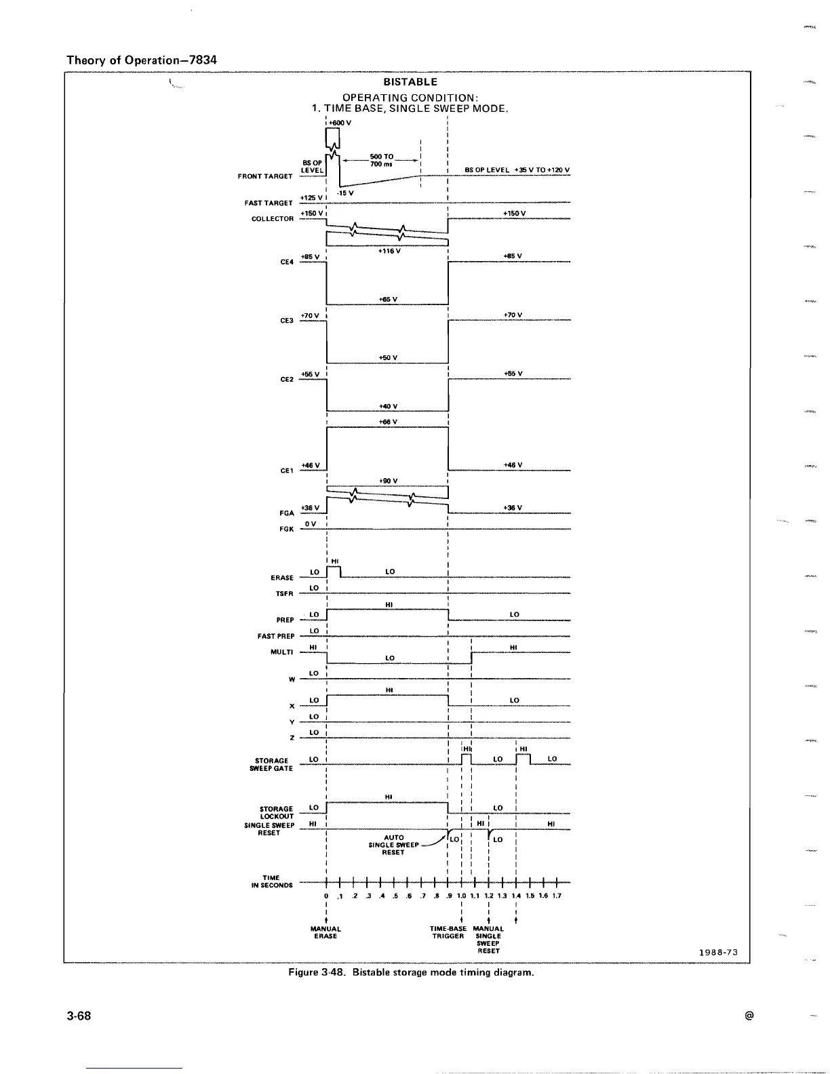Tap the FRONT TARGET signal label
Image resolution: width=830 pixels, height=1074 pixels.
pos(265,176)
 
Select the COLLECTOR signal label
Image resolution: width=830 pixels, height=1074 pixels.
pos(273,219)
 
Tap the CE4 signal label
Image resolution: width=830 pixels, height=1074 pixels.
pos(287,262)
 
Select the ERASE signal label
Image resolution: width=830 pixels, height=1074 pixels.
pos(282,578)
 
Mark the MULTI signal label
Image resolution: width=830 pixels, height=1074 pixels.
pos(282,652)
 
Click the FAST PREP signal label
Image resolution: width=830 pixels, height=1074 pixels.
pos(276,636)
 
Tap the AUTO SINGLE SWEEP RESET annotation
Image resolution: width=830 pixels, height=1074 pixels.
pos(394,845)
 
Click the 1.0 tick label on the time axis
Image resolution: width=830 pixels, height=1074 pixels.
pos(461,895)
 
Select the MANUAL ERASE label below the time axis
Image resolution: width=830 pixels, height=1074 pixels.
pos(325,932)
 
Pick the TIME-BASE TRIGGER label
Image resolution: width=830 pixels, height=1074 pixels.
pos(448,932)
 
